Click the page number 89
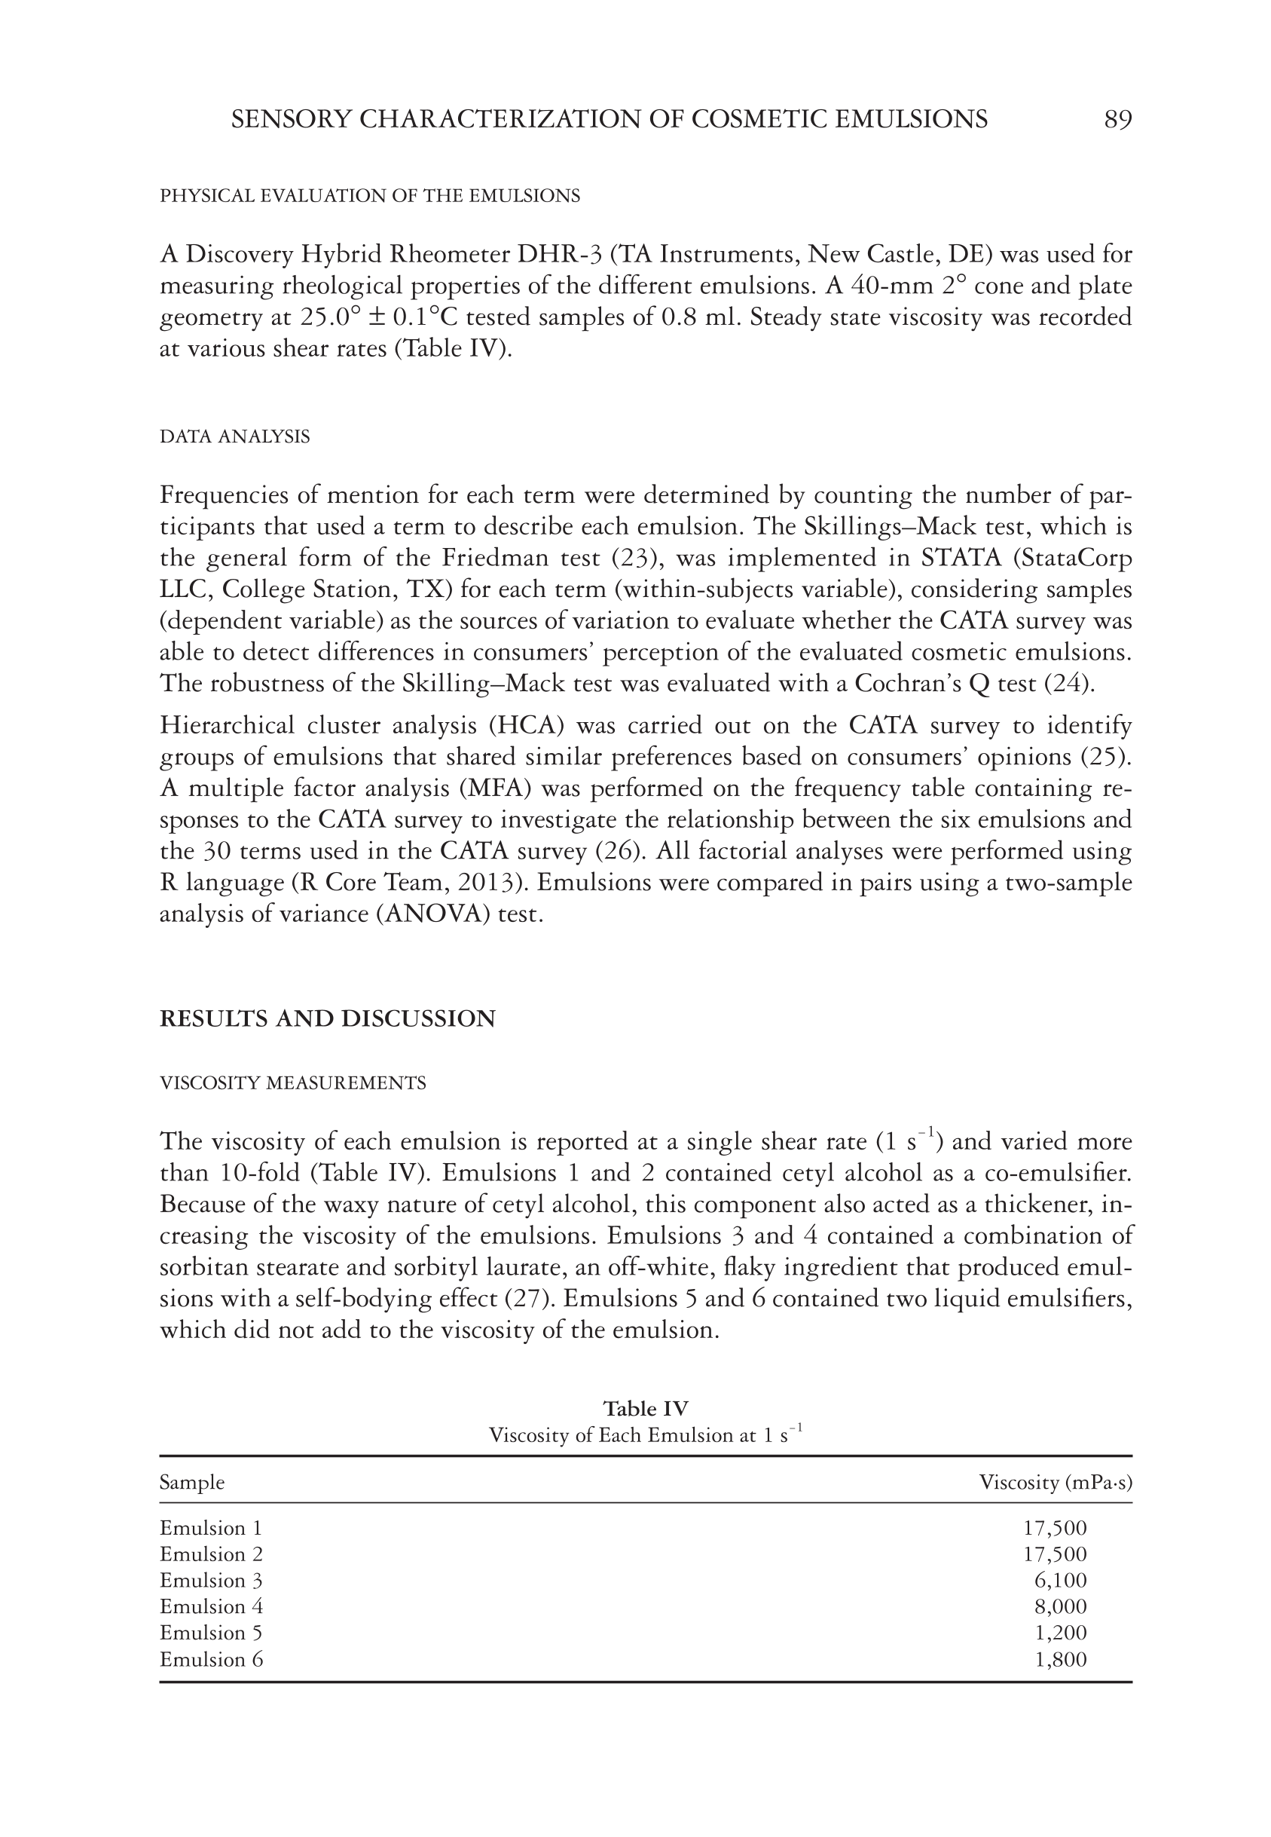point(1117,120)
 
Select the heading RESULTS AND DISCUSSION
point(327,1019)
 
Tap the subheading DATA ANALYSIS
point(235,436)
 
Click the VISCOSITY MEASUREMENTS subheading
point(293,1083)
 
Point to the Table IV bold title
point(645,1408)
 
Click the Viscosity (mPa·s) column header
point(1056,1483)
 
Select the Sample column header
point(192,1483)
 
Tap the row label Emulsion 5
point(211,1633)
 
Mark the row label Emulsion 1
point(211,1528)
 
